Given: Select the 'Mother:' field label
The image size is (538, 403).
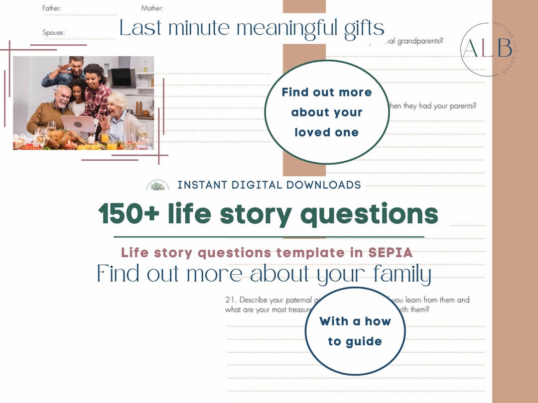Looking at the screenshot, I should tap(152, 8).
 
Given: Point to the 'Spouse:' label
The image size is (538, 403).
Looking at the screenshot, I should tap(53, 33).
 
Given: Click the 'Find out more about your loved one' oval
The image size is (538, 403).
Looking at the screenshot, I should tap(326, 112).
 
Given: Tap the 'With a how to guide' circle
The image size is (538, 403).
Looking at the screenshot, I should tap(355, 331).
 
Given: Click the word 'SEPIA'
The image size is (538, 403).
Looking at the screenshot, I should tap(390, 253).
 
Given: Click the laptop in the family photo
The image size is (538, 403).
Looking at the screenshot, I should tap(78, 124).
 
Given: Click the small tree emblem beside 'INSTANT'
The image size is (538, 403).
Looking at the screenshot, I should tap(157, 186).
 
